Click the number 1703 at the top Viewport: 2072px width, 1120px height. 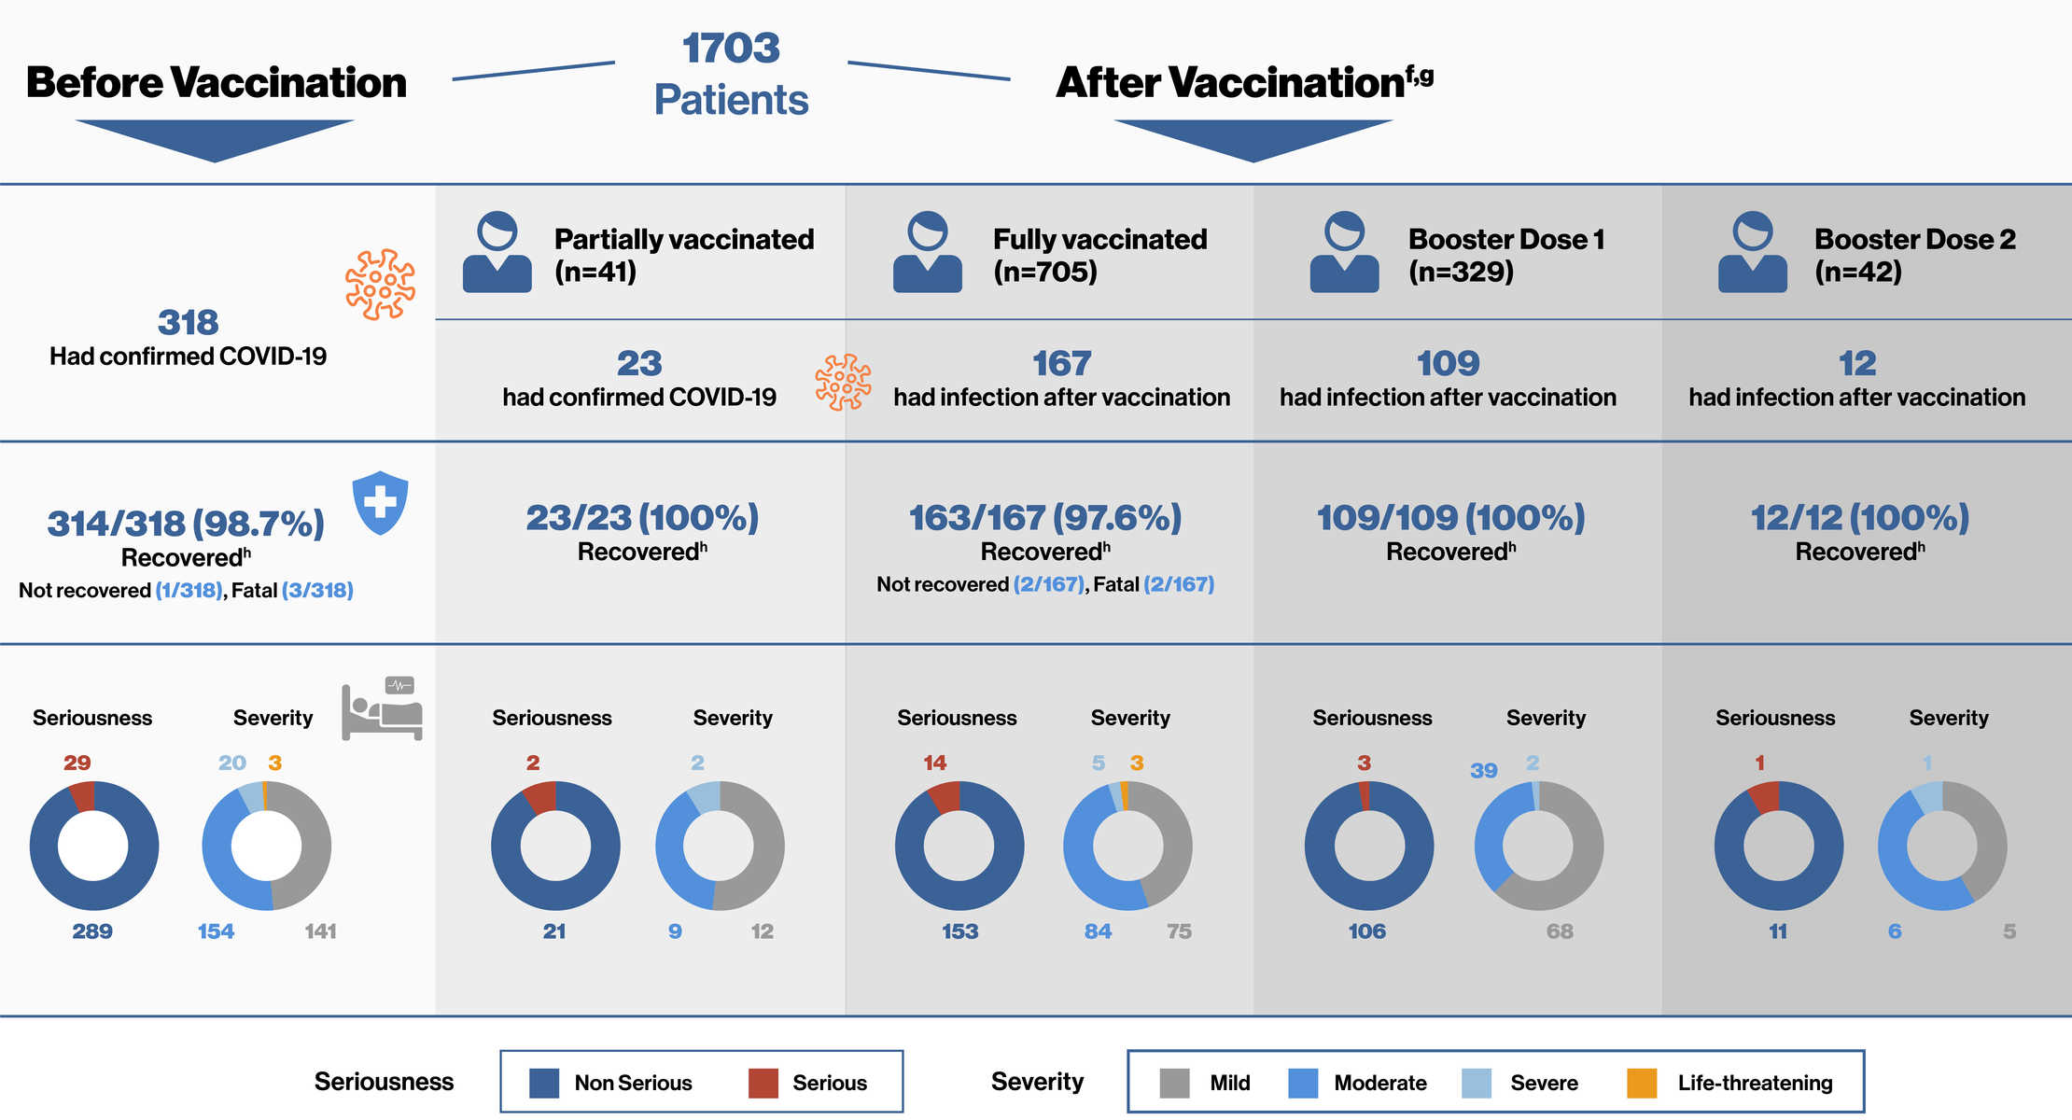[731, 49]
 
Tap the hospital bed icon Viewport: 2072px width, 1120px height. [382, 708]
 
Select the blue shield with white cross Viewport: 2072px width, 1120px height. [380, 502]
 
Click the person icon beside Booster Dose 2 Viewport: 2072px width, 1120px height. [1752, 253]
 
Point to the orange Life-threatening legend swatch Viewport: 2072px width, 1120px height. [1641, 1083]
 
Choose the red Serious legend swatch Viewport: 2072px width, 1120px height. [763, 1083]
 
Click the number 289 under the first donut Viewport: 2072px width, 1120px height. [92, 931]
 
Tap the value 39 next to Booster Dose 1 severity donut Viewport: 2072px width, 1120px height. [1483, 771]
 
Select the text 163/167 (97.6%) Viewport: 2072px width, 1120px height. [1045, 518]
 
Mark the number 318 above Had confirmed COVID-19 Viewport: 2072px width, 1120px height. [188, 323]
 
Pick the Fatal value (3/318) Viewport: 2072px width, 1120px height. [317, 590]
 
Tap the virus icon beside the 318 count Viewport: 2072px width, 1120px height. [380, 285]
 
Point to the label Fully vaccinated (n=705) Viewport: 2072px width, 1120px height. [1099, 255]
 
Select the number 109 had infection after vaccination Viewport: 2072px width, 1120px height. [1448, 363]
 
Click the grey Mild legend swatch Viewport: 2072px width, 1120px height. [1173, 1083]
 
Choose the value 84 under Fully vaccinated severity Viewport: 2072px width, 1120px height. [1098, 931]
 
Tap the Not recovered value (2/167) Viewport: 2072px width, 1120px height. [1048, 584]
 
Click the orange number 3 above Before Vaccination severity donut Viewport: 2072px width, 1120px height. [274, 763]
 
